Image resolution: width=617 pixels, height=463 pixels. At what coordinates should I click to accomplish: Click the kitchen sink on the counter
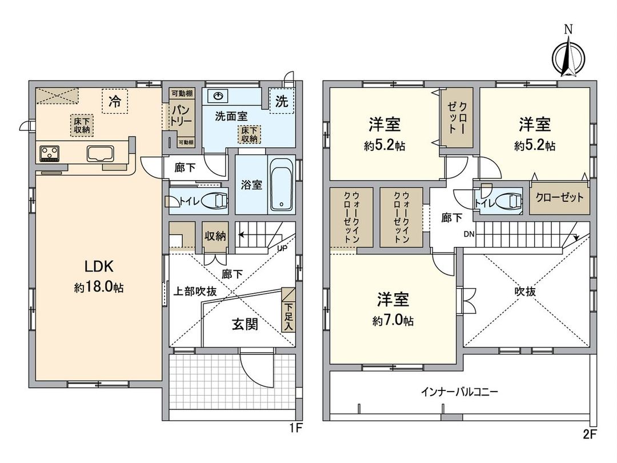point(101,153)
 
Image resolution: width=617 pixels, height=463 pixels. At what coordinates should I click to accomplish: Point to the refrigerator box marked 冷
point(115,102)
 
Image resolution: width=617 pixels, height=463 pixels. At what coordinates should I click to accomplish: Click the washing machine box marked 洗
point(281,102)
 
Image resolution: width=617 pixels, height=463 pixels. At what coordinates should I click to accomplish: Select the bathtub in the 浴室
point(281,186)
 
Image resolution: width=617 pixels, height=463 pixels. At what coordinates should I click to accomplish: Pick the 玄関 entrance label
point(245,324)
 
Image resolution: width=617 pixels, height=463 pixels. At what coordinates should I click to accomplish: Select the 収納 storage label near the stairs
point(215,236)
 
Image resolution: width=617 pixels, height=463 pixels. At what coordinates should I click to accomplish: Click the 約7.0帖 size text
point(393,321)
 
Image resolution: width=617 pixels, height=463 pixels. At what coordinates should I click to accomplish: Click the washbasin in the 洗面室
point(218,96)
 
